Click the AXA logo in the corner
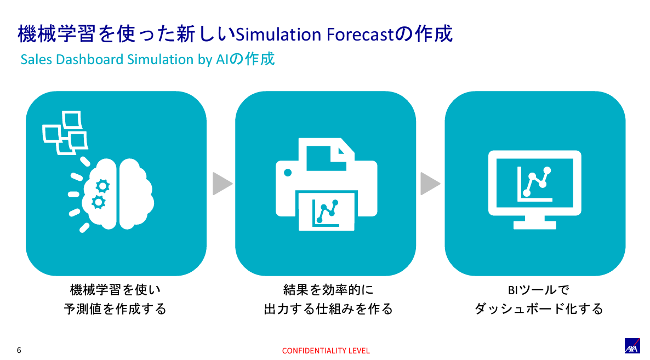tap(633, 346)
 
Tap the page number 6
tap(19, 350)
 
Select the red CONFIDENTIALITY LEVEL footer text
tap(326, 351)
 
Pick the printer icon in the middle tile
tap(326, 184)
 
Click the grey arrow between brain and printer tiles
tap(222, 184)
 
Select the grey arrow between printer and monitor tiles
tap(430, 184)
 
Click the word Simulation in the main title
tap(278, 35)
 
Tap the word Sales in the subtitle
tap(34, 59)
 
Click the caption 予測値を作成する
tap(115, 309)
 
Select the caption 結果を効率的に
tap(328, 289)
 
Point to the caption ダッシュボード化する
tap(539, 309)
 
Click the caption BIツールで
tap(539, 289)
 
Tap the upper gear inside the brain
tap(101, 185)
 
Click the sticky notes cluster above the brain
tap(65, 133)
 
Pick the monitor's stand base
tap(534, 225)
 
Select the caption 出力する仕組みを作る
tap(328, 309)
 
